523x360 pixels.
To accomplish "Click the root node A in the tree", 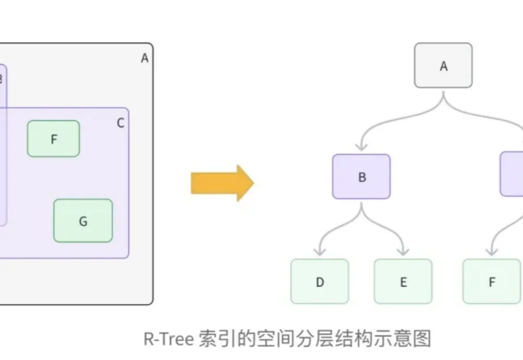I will pyautogui.click(x=443, y=66).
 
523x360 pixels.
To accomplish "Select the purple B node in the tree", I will pyautogui.click(x=361, y=177).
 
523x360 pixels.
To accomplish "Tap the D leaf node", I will pyautogui.click(x=320, y=282).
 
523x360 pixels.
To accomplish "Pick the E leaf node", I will pyautogui.click(x=403, y=282).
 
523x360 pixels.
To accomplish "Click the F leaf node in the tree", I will pyautogui.click(x=492, y=282).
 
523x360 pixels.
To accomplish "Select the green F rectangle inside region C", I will pyautogui.click(x=53, y=139).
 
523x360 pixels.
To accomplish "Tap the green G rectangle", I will pyautogui.click(x=83, y=221).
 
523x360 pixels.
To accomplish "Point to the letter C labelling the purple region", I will pyautogui.click(x=121, y=123).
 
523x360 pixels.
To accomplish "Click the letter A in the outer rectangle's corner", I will pyautogui.click(x=144, y=59).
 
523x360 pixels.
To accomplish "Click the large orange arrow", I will pyautogui.click(x=222, y=182).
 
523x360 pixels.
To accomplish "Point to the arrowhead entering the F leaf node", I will pyautogui.click(x=492, y=251).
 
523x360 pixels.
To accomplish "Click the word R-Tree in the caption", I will pyautogui.click(x=169, y=339).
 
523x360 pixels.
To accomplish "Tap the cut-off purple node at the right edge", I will pyautogui.click(x=512, y=174).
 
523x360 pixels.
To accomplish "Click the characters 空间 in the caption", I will pyautogui.click(x=274, y=339).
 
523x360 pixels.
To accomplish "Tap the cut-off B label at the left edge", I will pyautogui.click(x=1, y=79).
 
